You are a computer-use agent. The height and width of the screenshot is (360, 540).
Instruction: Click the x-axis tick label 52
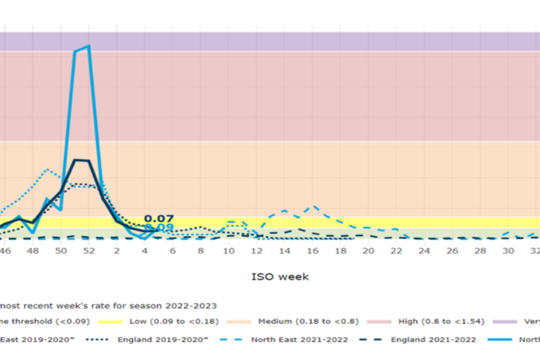click(89, 250)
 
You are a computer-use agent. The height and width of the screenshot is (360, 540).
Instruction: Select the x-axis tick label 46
click(4, 250)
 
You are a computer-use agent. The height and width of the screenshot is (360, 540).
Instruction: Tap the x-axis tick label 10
click(229, 250)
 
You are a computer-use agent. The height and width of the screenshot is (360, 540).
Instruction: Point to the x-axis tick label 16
click(314, 250)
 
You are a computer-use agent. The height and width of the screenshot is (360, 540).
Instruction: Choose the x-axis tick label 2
click(117, 250)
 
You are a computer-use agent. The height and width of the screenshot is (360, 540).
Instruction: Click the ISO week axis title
click(280, 276)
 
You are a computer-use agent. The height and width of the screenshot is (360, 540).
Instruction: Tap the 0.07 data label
click(158, 219)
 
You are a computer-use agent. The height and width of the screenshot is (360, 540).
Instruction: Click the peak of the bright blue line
click(88, 46)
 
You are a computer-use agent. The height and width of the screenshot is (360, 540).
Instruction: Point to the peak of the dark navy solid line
click(81, 160)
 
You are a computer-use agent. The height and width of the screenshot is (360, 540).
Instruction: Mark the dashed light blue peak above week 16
click(314, 207)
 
